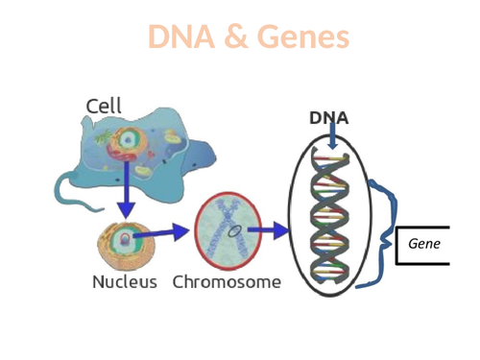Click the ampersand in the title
coord(239,37)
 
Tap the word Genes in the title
coord(301,37)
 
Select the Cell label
coord(104,106)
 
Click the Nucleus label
coord(125,282)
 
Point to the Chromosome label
coord(227,282)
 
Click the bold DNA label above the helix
coord(328,118)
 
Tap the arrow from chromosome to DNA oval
coord(269,230)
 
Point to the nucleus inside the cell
coord(126,144)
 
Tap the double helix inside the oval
coord(329,216)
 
